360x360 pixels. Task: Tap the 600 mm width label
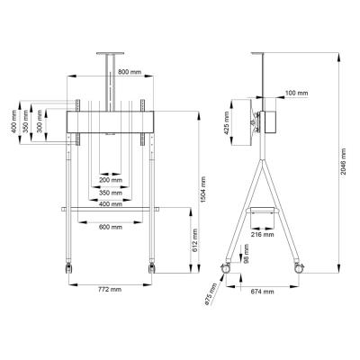tap(111, 225)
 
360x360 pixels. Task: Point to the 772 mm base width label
tap(111, 290)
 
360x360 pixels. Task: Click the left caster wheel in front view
tap(67, 267)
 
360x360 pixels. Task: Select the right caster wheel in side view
tap(300, 267)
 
